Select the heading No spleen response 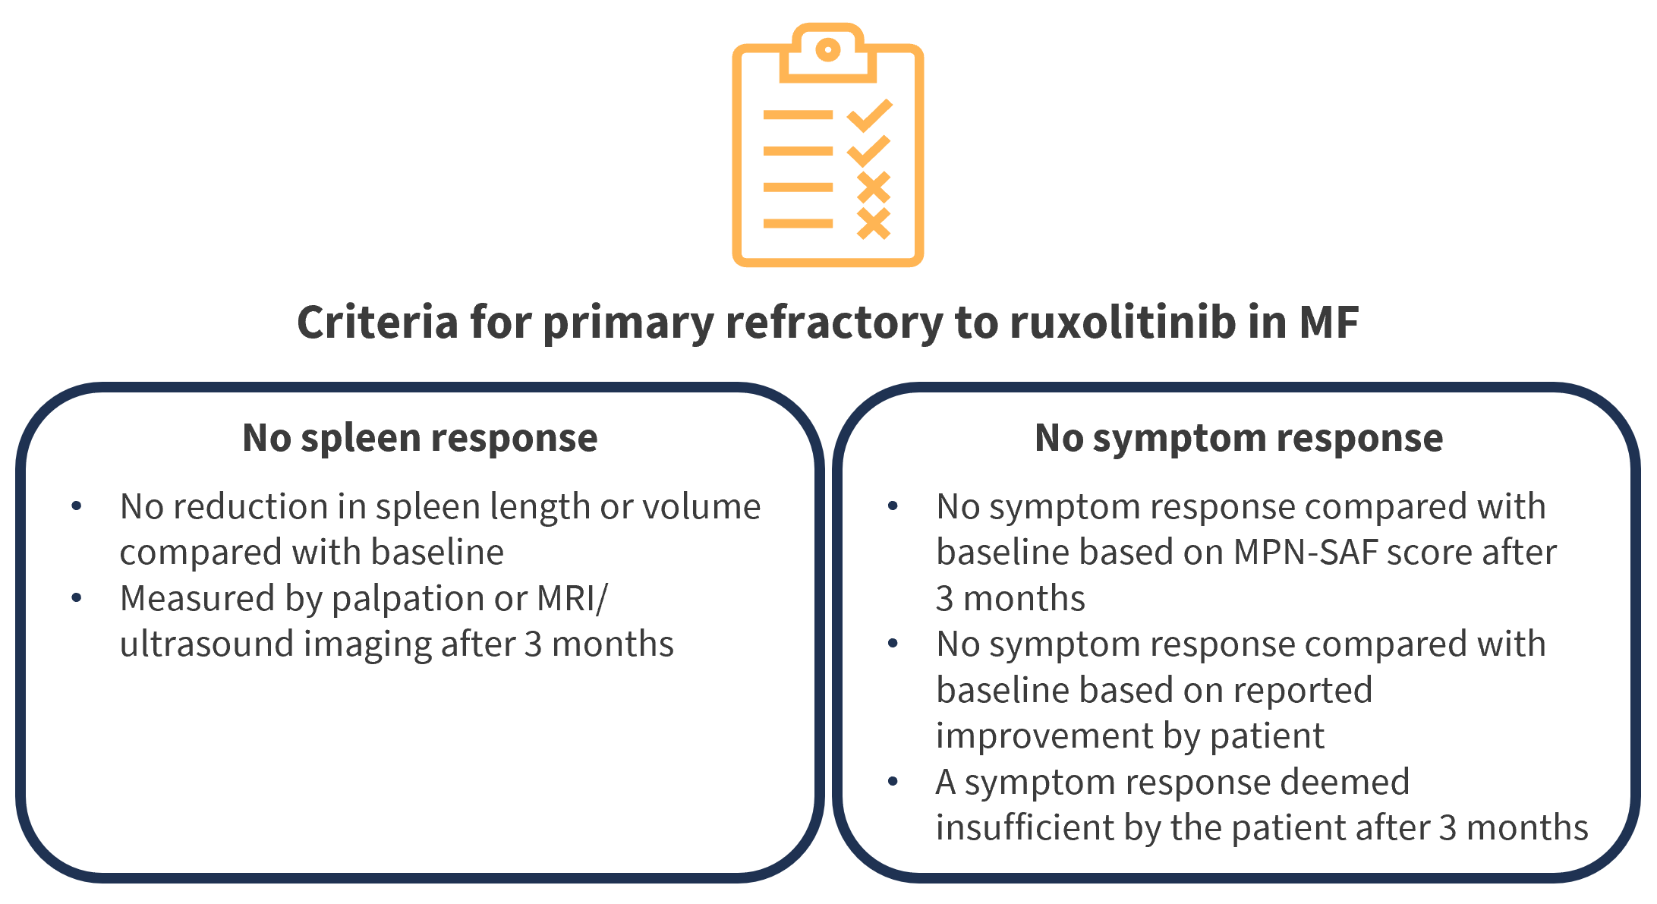[x=420, y=438]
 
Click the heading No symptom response [x=1239, y=438]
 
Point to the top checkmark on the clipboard [x=869, y=115]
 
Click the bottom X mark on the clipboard [x=874, y=223]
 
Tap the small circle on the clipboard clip [x=827, y=50]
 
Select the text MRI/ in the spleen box [x=572, y=598]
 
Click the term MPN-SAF [x=1306, y=552]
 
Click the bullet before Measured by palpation [x=77, y=598]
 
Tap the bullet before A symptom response [x=893, y=782]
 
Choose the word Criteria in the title [x=378, y=322]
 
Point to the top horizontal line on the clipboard [x=798, y=115]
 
